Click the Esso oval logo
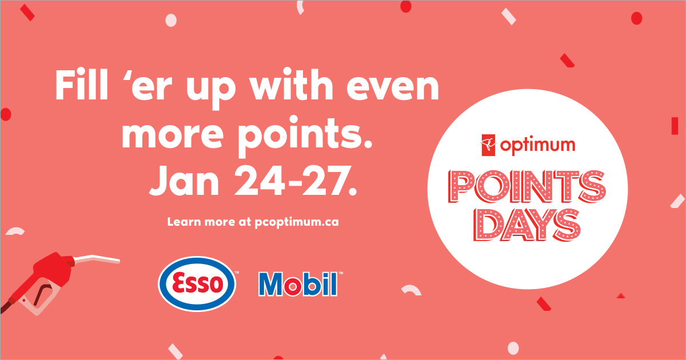click(x=198, y=283)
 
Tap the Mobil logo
click(x=297, y=284)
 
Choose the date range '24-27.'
click(x=298, y=181)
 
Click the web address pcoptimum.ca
click(x=297, y=222)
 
